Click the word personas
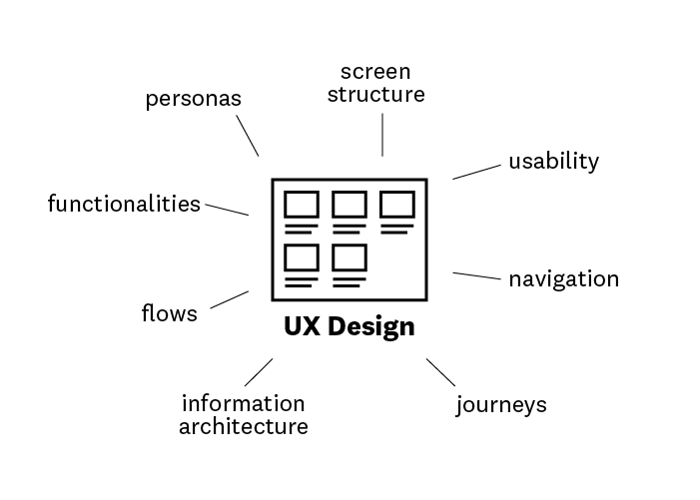pos(194,100)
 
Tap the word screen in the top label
pos(375,72)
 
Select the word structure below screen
pos(376,95)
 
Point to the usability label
pos(553,161)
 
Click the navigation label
pos(563,278)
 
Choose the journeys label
pos(501,405)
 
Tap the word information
pos(243,404)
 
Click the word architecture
pos(243,427)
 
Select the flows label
pos(169,314)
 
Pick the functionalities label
pos(124,205)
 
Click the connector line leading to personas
pos(248,135)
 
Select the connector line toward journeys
pos(440,372)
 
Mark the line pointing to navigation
pos(476,275)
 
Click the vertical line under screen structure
pos(381,134)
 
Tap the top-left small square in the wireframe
pos(301,205)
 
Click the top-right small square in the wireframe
pos(396,205)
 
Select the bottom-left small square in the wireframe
pos(301,256)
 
